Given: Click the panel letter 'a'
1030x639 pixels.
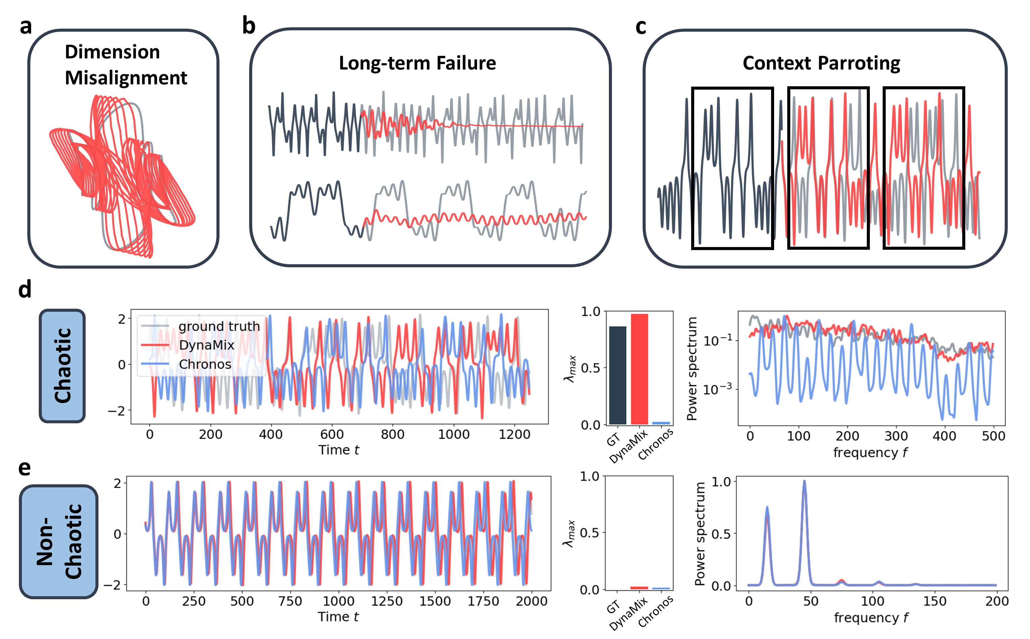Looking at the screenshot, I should (x=26, y=27).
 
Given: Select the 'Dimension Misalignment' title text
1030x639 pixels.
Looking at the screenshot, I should (x=125, y=65).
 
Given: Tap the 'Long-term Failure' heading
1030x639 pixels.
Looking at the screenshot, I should (x=417, y=63).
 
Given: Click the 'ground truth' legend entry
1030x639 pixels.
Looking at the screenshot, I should (x=218, y=326).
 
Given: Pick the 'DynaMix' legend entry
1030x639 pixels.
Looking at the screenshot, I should (x=206, y=345).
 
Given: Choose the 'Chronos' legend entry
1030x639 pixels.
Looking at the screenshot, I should (x=205, y=364).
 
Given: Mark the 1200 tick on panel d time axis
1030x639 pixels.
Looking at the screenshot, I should (x=514, y=434).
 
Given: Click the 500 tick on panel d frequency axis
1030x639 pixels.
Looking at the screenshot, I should (x=993, y=436).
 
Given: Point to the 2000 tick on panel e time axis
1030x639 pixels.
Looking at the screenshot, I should (x=531, y=601).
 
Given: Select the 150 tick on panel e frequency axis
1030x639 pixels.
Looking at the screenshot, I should (x=935, y=601).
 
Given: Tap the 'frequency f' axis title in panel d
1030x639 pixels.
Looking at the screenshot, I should (x=870, y=453).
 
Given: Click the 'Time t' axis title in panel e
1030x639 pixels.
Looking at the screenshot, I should (x=338, y=617).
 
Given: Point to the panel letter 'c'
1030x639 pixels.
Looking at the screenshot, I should (x=641, y=27).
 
